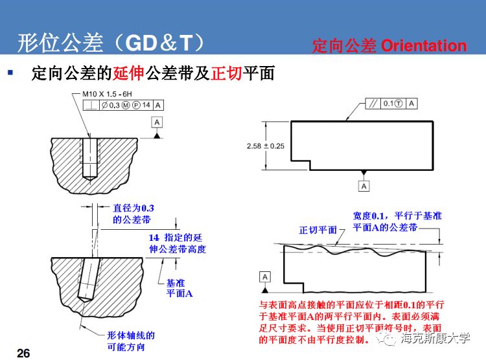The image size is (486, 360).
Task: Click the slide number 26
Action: coord(23,352)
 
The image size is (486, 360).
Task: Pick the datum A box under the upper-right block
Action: coord(364,186)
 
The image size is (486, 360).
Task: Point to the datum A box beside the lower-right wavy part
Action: coord(265,277)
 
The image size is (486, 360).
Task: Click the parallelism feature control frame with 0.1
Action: coord(389,103)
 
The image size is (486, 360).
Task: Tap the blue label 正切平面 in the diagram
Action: coord(318,230)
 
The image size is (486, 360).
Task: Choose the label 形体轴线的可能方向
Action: coord(132,341)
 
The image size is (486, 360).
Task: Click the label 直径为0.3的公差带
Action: coord(137,214)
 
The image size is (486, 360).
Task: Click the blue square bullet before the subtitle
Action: coord(10,73)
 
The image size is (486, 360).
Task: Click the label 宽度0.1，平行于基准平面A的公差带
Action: coord(397,221)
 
